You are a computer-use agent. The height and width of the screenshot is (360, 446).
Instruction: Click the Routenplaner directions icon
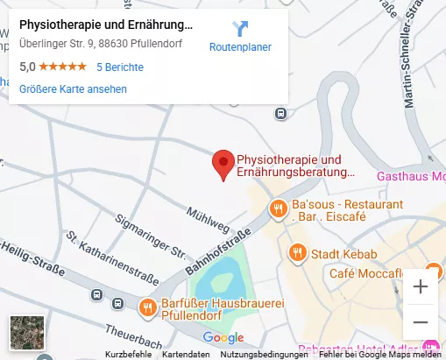[240, 28]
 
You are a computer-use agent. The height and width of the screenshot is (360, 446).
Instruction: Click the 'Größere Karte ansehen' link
[73, 88]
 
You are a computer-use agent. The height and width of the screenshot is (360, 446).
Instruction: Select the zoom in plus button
[421, 286]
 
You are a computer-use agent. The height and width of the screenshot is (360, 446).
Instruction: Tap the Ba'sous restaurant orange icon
[277, 208]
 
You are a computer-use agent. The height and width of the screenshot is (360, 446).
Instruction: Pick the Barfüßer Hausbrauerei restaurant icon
[147, 307]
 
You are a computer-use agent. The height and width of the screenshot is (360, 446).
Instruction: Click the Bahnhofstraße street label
[218, 251]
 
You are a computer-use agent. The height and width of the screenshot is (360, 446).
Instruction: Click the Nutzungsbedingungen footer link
[264, 355]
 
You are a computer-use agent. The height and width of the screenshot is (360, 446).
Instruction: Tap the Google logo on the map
[223, 337]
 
